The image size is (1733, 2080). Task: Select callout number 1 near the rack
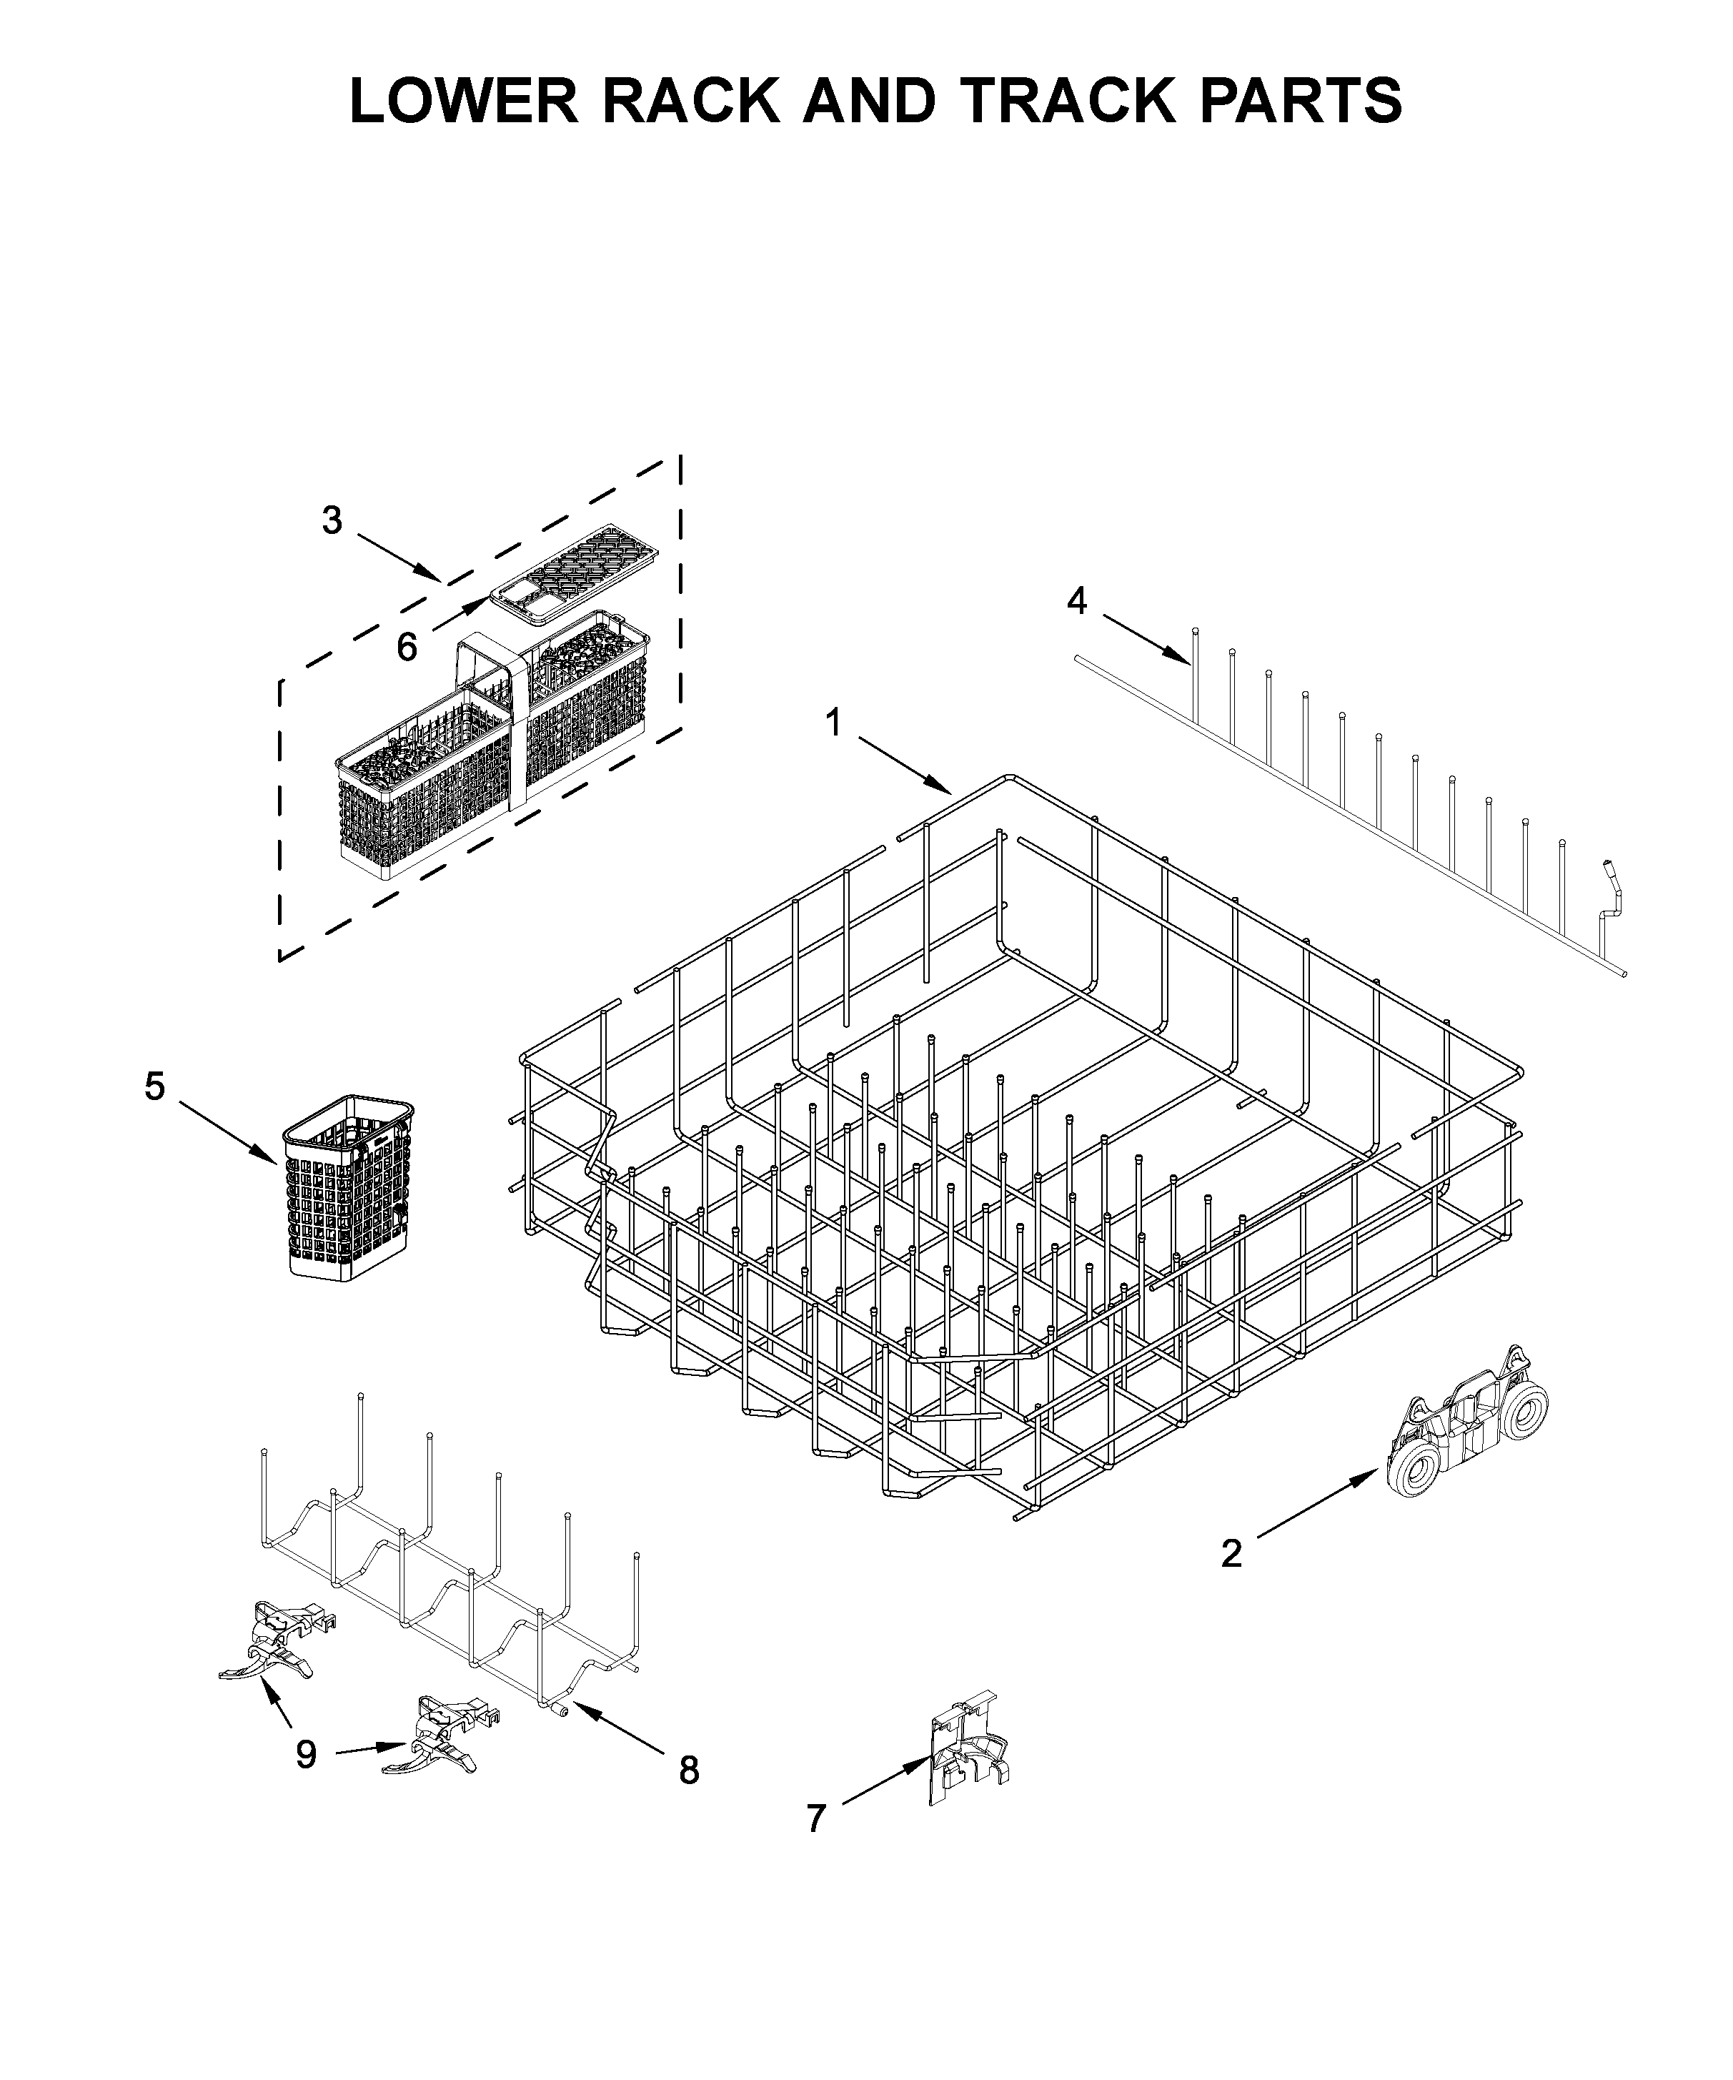pos(834,723)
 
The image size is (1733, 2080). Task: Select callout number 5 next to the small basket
pos(154,1086)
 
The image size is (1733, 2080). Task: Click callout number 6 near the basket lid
pos(406,648)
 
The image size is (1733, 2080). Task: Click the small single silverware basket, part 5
pos(349,1189)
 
